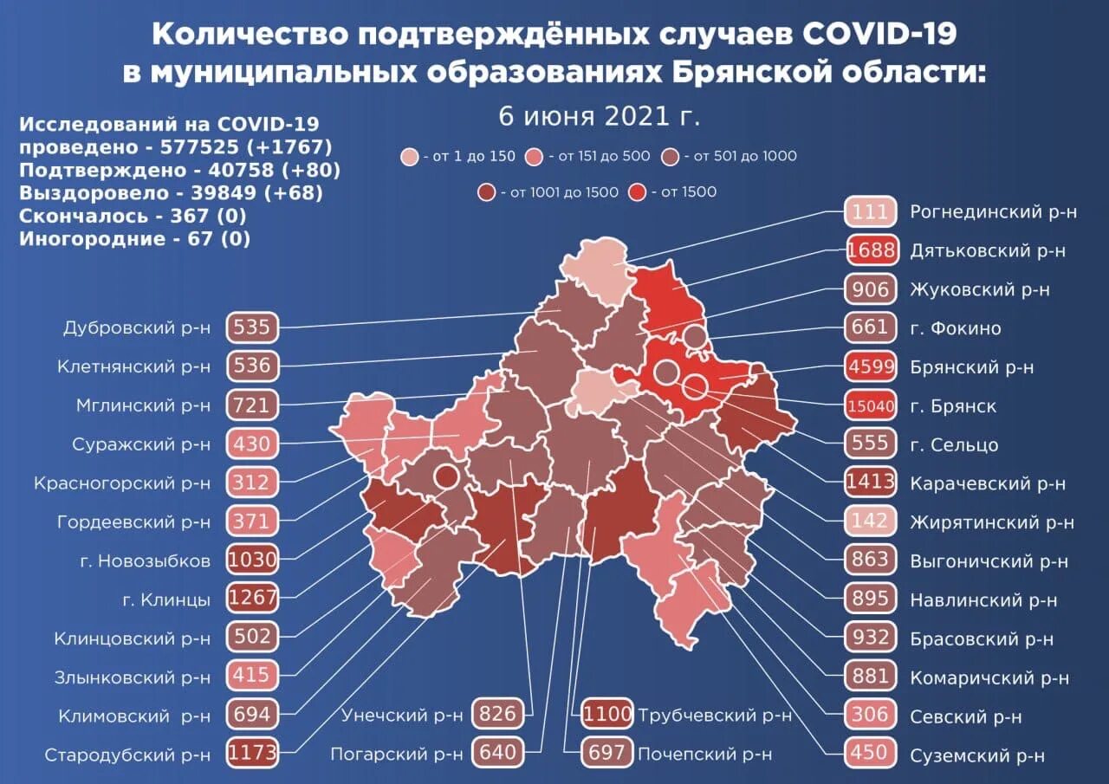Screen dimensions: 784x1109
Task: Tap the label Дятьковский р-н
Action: click(x=988, y=251)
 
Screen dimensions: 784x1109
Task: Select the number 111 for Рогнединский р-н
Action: click(x=870, y=212)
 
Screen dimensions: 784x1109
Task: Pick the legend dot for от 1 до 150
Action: click(x=409, y=158)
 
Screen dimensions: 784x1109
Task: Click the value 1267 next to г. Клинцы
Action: click(x=252, y=598)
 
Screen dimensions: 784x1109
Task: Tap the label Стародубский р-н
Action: click(x=127, y=755)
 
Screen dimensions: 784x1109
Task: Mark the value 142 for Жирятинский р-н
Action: click(x=870, y=521)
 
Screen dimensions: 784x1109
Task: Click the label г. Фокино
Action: click(x=956, y=328)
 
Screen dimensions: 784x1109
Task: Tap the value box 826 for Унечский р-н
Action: click(x=499, y=715)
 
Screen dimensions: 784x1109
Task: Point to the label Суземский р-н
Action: click(x=977, y=755)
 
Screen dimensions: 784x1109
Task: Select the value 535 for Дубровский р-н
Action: click(x=252, y=327)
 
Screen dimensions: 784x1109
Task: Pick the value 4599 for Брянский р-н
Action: click(x=870, y=366)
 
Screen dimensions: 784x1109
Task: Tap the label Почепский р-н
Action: click(x=704, y=754)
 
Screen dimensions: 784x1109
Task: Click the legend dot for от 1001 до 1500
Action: click(x=487, y=192)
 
